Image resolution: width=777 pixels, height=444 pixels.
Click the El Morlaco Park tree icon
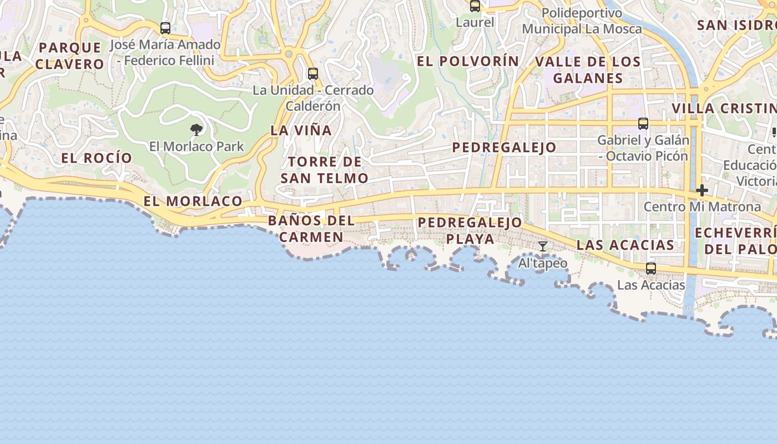pyautogui.click(x=196, y=130)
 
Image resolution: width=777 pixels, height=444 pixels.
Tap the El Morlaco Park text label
pyautogui.click(x=196, y=147)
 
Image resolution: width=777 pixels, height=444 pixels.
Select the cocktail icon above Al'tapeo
pyautogui.click(x=543, y=246)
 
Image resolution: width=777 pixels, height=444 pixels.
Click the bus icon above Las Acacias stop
pyautogui.click(x=651, y=269)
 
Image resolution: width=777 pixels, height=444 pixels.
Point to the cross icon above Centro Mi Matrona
pyautogui.click(x=702, y=191)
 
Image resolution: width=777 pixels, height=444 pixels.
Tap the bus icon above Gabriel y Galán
pyautogui.click(x=643, y=124)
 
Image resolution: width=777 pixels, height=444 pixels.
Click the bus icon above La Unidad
pyautogui.click(x=313, y=73)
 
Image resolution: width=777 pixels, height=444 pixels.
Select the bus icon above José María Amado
pyautogui.click(x=165, y=28)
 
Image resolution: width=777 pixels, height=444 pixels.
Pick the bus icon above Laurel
pyautogui.click(x=475, y=6)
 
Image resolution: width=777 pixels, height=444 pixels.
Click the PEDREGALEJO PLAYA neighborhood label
pyautogui.click(x=470, y=231)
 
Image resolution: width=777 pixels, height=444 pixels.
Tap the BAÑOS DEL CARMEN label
pyautogui.click(x=311, y=229)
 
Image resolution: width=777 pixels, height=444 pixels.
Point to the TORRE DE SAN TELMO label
pyautogui.click(x=325, y=170)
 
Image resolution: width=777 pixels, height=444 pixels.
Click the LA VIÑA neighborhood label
pyautogui.click(x=301, y=130)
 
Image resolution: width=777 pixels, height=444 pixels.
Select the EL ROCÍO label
pyautogui.click(x=97, y=158)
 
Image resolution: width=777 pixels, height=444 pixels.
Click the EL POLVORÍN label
pyautogui.click(x=468, y=61)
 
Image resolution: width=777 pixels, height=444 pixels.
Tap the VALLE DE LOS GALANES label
pyautogui.click(x=588, y=69)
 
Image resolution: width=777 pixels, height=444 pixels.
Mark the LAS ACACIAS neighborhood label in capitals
pyautogui.click(x=625, y=245)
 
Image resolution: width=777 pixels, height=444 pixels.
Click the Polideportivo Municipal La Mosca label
pyautogui.click(x=582, y=21)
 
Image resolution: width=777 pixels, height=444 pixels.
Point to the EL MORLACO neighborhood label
pyautogui.click(x=193, y=201)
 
